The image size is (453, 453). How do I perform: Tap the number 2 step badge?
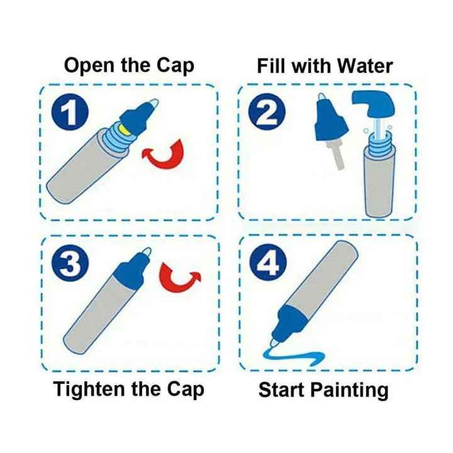(x=267, y=112)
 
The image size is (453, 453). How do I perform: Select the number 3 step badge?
(x=70, y=263)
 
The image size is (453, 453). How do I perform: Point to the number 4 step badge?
(x=269, y=262)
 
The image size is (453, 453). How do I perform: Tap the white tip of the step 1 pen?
(x=154, y=103)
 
